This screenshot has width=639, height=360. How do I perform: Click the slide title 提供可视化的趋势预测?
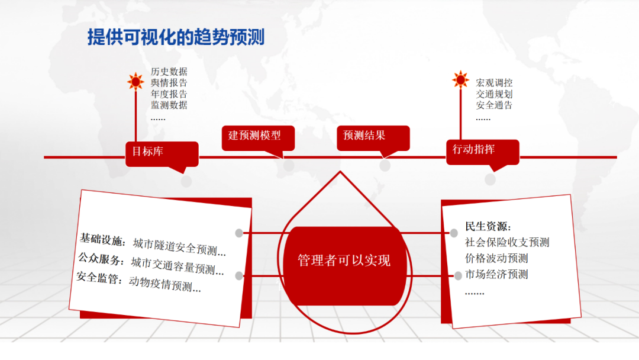(176, 37)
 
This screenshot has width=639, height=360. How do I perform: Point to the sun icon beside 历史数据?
(135, 81)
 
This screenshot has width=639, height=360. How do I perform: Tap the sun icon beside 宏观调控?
(460, 80)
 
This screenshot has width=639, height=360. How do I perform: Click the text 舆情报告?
(169, 83)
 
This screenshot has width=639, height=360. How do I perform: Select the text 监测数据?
(169, 105)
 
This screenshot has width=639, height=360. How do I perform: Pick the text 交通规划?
(494, 94)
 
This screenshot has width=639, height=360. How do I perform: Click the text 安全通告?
(494, 105)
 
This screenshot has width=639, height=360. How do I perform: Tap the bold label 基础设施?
(102, 240)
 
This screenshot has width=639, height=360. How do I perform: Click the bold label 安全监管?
(99, 277)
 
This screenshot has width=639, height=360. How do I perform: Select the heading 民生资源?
(488, 226)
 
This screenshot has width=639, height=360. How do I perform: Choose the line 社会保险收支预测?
(507, 242)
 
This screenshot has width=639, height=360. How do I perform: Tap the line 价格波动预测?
(496, 258)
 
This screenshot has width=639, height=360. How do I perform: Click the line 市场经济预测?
(496, 274)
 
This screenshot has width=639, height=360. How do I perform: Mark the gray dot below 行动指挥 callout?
(490, 179)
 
